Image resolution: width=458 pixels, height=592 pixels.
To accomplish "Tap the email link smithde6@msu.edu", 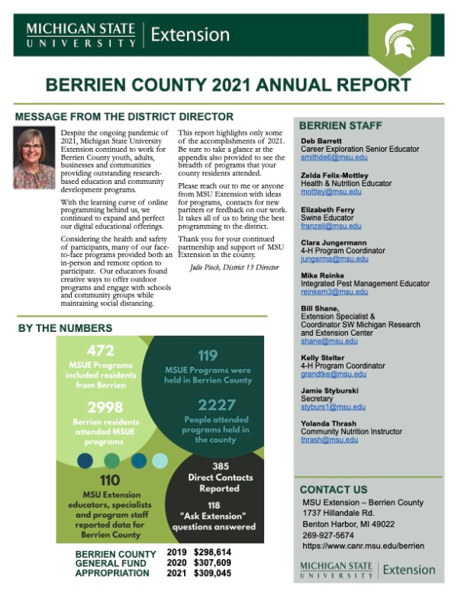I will point(334,158).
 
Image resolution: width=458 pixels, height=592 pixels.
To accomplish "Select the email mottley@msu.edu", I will point(331,192).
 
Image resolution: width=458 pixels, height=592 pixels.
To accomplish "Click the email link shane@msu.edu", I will point(328,341).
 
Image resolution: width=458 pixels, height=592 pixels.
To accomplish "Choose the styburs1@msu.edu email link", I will point(333,407).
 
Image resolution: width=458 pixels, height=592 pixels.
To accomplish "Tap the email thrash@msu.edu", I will point(330,440).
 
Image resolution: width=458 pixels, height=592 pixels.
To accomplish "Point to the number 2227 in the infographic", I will point(217,404).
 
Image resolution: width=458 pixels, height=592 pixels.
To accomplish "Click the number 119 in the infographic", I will point(208,356).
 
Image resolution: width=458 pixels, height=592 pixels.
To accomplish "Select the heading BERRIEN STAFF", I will point(340,125).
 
